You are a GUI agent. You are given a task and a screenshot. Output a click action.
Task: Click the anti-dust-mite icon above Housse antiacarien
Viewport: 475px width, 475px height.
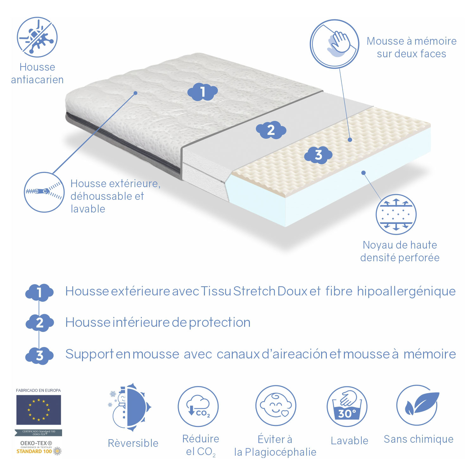pos(37,37)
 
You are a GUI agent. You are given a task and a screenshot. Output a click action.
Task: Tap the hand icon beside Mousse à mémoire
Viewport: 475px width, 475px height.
pos(334,44)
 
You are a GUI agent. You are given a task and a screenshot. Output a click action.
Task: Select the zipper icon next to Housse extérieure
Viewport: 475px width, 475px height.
pos(44,192)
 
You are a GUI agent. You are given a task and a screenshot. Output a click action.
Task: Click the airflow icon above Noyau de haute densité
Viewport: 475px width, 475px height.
pos(396,214)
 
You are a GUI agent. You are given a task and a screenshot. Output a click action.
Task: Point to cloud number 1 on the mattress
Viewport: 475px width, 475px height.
pos(203,92)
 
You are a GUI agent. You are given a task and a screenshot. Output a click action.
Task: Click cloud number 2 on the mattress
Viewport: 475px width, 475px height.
pos(271,130)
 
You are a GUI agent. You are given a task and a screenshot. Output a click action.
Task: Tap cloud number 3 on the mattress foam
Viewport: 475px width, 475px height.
pos(318,155)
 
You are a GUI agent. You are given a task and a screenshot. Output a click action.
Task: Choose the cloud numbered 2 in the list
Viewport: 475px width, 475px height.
pos(40,323)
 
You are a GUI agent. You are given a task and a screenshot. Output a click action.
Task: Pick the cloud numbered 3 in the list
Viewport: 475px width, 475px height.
pos(40,356)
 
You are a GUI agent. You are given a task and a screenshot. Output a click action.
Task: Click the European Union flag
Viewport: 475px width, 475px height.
pos(39,410)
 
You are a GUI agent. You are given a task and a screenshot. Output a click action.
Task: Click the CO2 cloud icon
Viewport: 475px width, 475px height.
pos(198,406)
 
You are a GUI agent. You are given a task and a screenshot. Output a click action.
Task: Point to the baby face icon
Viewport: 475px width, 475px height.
pos(276,406)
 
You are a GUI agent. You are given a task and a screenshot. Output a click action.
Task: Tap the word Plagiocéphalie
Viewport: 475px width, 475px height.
pos(281,452)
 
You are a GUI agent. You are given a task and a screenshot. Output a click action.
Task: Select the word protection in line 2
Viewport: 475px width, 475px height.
pos(220,322)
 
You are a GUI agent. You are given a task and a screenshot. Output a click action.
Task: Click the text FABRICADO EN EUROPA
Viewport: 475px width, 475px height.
pos(38,390)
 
